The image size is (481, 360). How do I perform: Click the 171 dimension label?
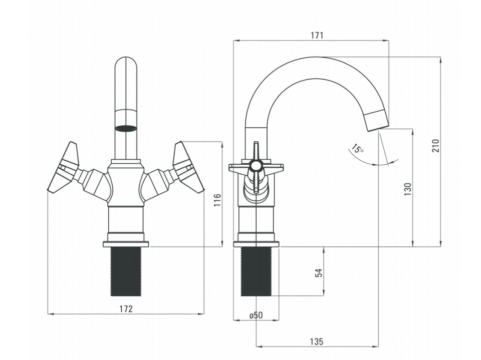point(317,36)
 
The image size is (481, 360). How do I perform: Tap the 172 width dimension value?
point(126,309)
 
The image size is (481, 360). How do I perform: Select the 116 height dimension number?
point(217,200)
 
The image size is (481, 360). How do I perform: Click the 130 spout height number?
point(407,189)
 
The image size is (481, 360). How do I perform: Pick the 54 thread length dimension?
point(319,272)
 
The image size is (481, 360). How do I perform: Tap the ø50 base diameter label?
point(256,315)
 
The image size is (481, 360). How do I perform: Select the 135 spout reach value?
point(316,341)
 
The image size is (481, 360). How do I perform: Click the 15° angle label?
point(357,149)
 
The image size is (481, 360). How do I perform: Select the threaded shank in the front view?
point(126,271)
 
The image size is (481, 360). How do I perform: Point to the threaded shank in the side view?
point(256,271)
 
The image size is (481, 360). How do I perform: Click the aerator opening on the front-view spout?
point(126,129)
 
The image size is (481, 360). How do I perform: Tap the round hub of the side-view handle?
point(256,166)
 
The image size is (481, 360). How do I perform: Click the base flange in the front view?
point(126,244)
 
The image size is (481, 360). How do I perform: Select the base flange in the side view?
point(256,244)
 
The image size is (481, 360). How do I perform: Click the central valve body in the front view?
point(126,184)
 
